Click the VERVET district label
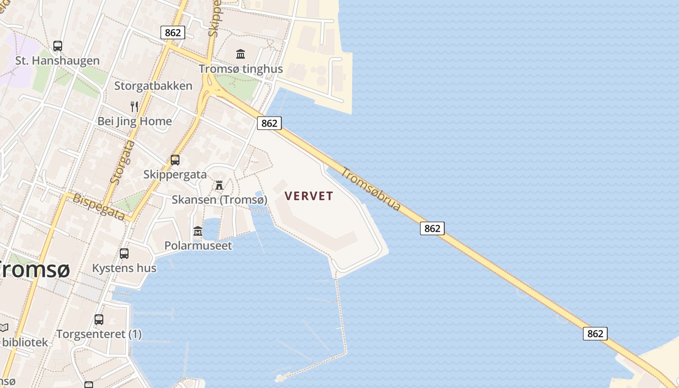(x=309, y=196)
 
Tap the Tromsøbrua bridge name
(x=371, y=189)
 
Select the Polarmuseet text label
(x=198, y=245)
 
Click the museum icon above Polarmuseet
(x=197, y=231)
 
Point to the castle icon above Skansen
(x=219, y=185)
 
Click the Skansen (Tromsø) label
(x=219, y=200)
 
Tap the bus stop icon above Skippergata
(x=175, y=160)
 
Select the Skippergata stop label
(x=175, y=175)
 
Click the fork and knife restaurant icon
(x=134, y=107)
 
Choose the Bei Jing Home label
(x=135, y=121)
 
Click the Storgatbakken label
(x=153, y=86)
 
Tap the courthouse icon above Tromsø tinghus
(x=241, y=54)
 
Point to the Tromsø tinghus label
(x=241, y=69)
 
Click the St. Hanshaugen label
(x=57, y=61)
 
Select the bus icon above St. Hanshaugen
(x=58, y=46)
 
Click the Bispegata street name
(x=99, y=207)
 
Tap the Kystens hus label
(x=124, y=268)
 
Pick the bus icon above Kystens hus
(x=124, y=253)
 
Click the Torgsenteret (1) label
(x=99, y=334)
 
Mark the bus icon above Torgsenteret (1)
(x=99, y=319)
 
